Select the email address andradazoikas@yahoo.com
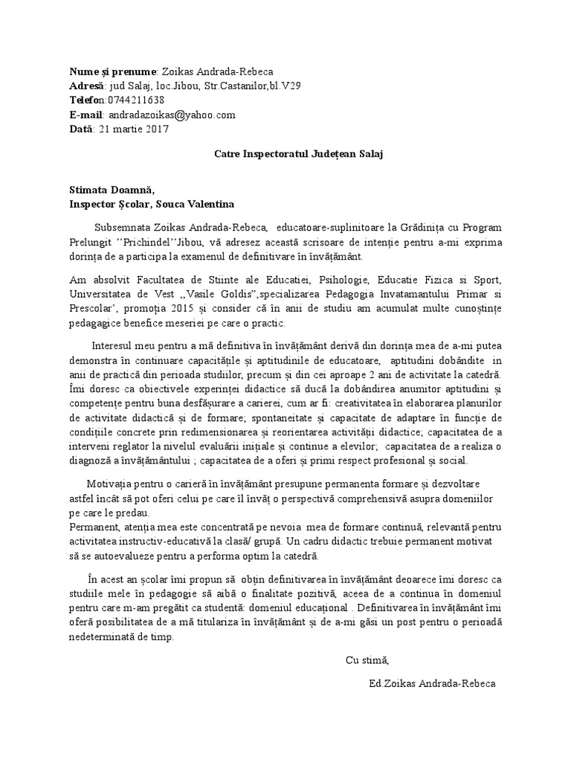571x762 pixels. (x=172, y=115)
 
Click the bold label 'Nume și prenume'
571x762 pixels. (x=112, y=71)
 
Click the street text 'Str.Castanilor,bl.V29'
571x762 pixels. (x=248, y=86)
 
